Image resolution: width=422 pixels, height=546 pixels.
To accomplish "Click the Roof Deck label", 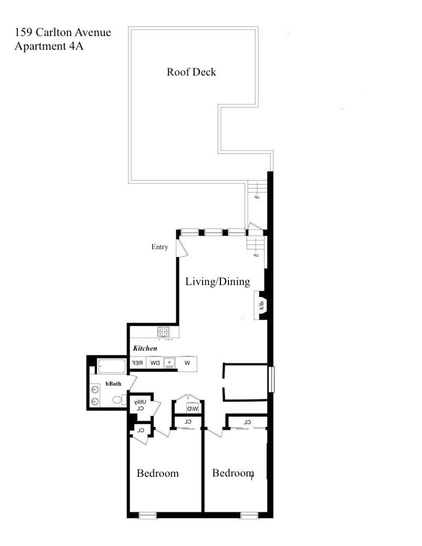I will pos(191,72).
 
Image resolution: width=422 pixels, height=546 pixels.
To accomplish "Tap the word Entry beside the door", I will pos(159,247).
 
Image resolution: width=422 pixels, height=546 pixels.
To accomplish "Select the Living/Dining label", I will pos(217,282).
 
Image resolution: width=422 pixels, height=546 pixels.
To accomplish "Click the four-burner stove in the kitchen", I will pos(163,332).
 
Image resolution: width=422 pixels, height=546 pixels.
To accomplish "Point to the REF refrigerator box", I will pos(137,363).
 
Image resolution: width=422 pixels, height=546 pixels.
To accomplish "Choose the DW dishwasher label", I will pos(154,363).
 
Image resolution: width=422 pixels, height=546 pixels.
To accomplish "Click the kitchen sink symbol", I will pos(169,363).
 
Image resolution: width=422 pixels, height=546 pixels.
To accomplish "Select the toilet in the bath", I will pos(117,399).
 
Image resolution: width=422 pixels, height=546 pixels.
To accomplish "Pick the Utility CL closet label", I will pos(140,405).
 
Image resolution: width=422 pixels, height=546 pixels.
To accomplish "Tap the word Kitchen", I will pos(145,349).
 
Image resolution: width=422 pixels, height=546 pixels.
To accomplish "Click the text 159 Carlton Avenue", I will pos(63,33).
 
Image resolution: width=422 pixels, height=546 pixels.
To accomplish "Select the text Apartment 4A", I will pos(49,46).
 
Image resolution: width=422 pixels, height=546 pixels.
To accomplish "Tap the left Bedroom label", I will pos(157,473).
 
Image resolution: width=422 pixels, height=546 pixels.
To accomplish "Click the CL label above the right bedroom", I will pos(247,422).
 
